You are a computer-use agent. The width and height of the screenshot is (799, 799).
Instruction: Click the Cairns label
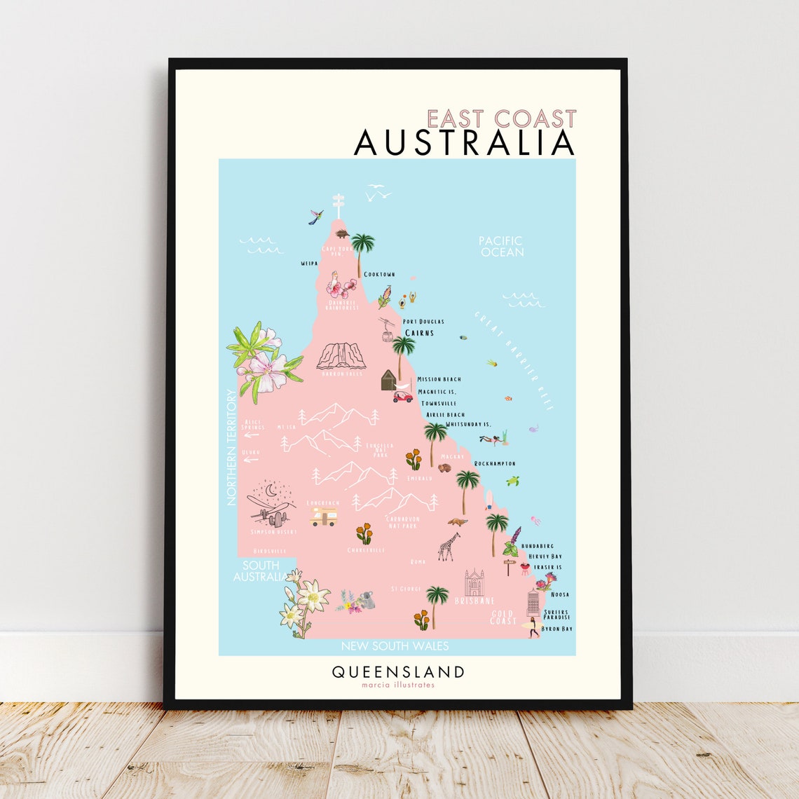click(419, 333)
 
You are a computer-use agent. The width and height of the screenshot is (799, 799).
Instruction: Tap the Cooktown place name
click(379, 275)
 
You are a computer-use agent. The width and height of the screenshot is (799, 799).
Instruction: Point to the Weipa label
click(309, 264)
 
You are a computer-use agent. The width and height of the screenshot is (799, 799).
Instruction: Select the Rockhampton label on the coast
click(495, 463)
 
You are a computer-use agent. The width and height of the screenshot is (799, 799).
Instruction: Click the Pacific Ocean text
click(501, 246)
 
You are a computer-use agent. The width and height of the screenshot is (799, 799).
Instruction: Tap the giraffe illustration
click(449, 547)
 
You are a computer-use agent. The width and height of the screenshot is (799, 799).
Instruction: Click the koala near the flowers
click(366, 600)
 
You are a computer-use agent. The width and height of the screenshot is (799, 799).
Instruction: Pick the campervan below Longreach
click(324, 517)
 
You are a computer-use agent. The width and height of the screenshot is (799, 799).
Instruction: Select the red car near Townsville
click(402, 397)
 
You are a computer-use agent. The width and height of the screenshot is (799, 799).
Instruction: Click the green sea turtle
click(513, 481)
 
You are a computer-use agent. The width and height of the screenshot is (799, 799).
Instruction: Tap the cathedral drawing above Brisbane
click(474, 583)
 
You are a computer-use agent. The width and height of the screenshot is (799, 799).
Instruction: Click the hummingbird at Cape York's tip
click(316, 217)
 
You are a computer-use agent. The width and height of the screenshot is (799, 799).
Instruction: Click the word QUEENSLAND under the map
click(397, 672)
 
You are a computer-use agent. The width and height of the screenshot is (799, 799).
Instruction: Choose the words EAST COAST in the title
click(501, 118)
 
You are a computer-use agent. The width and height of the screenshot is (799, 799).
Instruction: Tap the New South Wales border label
click(395, 646)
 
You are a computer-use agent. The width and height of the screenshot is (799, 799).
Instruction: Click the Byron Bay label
click(557, 629)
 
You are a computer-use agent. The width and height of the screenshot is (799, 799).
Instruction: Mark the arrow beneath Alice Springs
click(250, 435)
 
